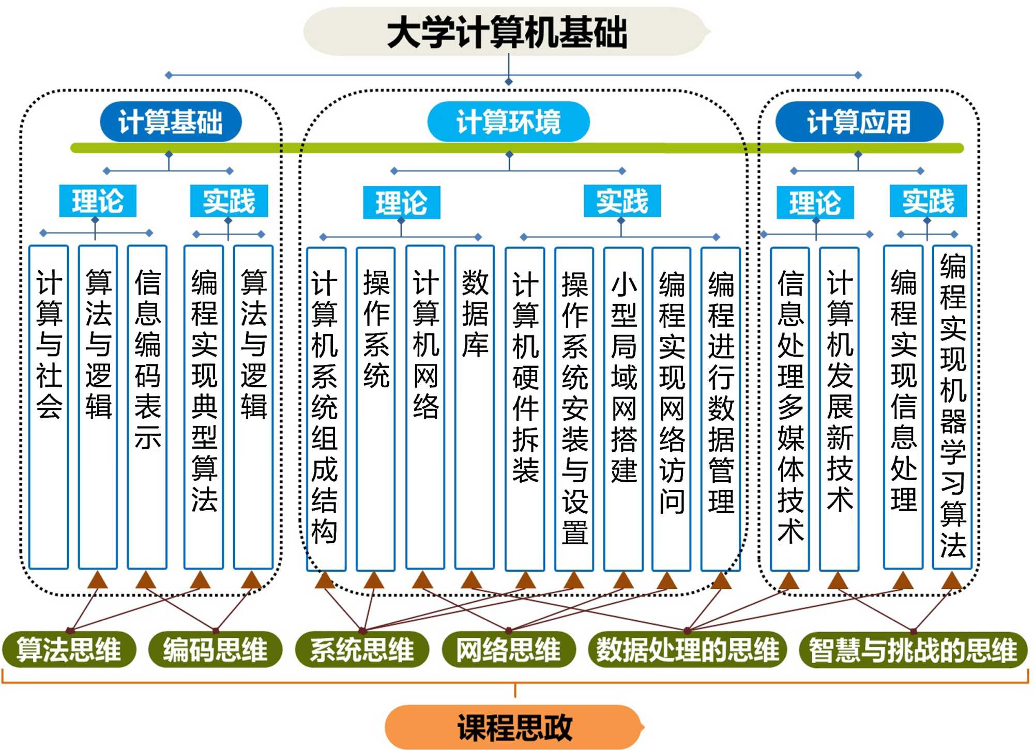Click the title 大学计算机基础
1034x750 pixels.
507,32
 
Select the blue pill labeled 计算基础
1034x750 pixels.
171,122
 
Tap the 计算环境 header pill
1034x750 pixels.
508,122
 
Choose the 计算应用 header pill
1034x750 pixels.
859,122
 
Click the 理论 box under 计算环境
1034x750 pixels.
401,202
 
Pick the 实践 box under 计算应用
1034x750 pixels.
928,201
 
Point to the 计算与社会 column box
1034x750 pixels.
49,407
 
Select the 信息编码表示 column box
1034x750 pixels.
147,407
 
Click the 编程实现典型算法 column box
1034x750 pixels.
204,407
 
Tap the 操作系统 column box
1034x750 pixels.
376,408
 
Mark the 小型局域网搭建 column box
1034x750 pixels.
624,408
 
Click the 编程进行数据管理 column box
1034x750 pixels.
721,408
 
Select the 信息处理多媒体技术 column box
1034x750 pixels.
790,408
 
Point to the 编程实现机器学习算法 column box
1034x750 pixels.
952,407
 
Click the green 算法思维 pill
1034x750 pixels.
69,649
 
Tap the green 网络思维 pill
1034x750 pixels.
509,649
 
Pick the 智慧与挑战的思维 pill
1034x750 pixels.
913,650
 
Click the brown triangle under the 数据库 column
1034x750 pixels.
472,580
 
